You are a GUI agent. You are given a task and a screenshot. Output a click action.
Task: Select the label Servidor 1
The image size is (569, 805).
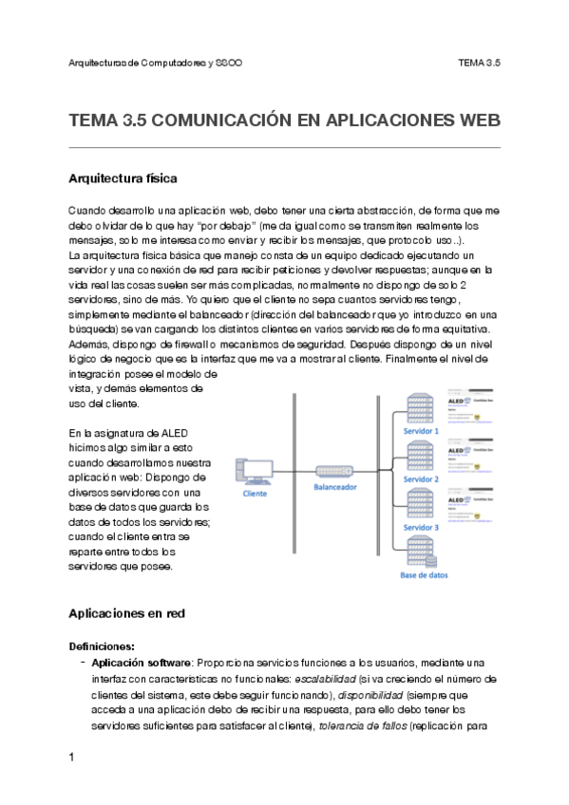pos(422,431)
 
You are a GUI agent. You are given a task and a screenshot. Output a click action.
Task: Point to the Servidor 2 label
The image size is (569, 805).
pos(422,479)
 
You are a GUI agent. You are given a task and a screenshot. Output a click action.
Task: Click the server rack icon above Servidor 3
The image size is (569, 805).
pos(420,504)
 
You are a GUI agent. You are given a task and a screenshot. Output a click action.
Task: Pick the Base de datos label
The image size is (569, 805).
pos(425,575)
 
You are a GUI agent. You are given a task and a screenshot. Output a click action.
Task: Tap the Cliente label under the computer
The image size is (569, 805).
pos(255,494)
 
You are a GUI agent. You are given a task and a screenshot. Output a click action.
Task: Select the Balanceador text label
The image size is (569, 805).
pos(335,486)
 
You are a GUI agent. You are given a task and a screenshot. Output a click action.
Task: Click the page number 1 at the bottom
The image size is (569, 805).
pos(72,757)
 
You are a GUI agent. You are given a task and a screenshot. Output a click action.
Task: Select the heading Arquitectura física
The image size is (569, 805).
pos(123,178)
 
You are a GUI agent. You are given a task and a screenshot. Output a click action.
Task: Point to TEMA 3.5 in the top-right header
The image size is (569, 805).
pos(479,63)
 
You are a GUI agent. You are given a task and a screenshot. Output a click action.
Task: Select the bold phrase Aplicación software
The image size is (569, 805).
pos(142,663)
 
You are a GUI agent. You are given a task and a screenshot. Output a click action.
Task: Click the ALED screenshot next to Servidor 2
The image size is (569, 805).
pos(472,454)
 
